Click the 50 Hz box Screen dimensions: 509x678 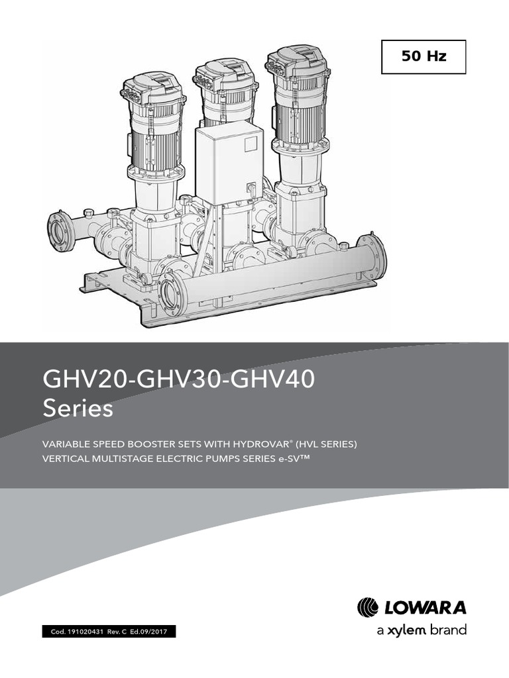424,57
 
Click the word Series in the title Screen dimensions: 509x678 78,409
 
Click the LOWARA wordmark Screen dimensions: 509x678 425,607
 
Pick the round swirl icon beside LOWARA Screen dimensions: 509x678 368,607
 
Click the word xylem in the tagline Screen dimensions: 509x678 406,630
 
